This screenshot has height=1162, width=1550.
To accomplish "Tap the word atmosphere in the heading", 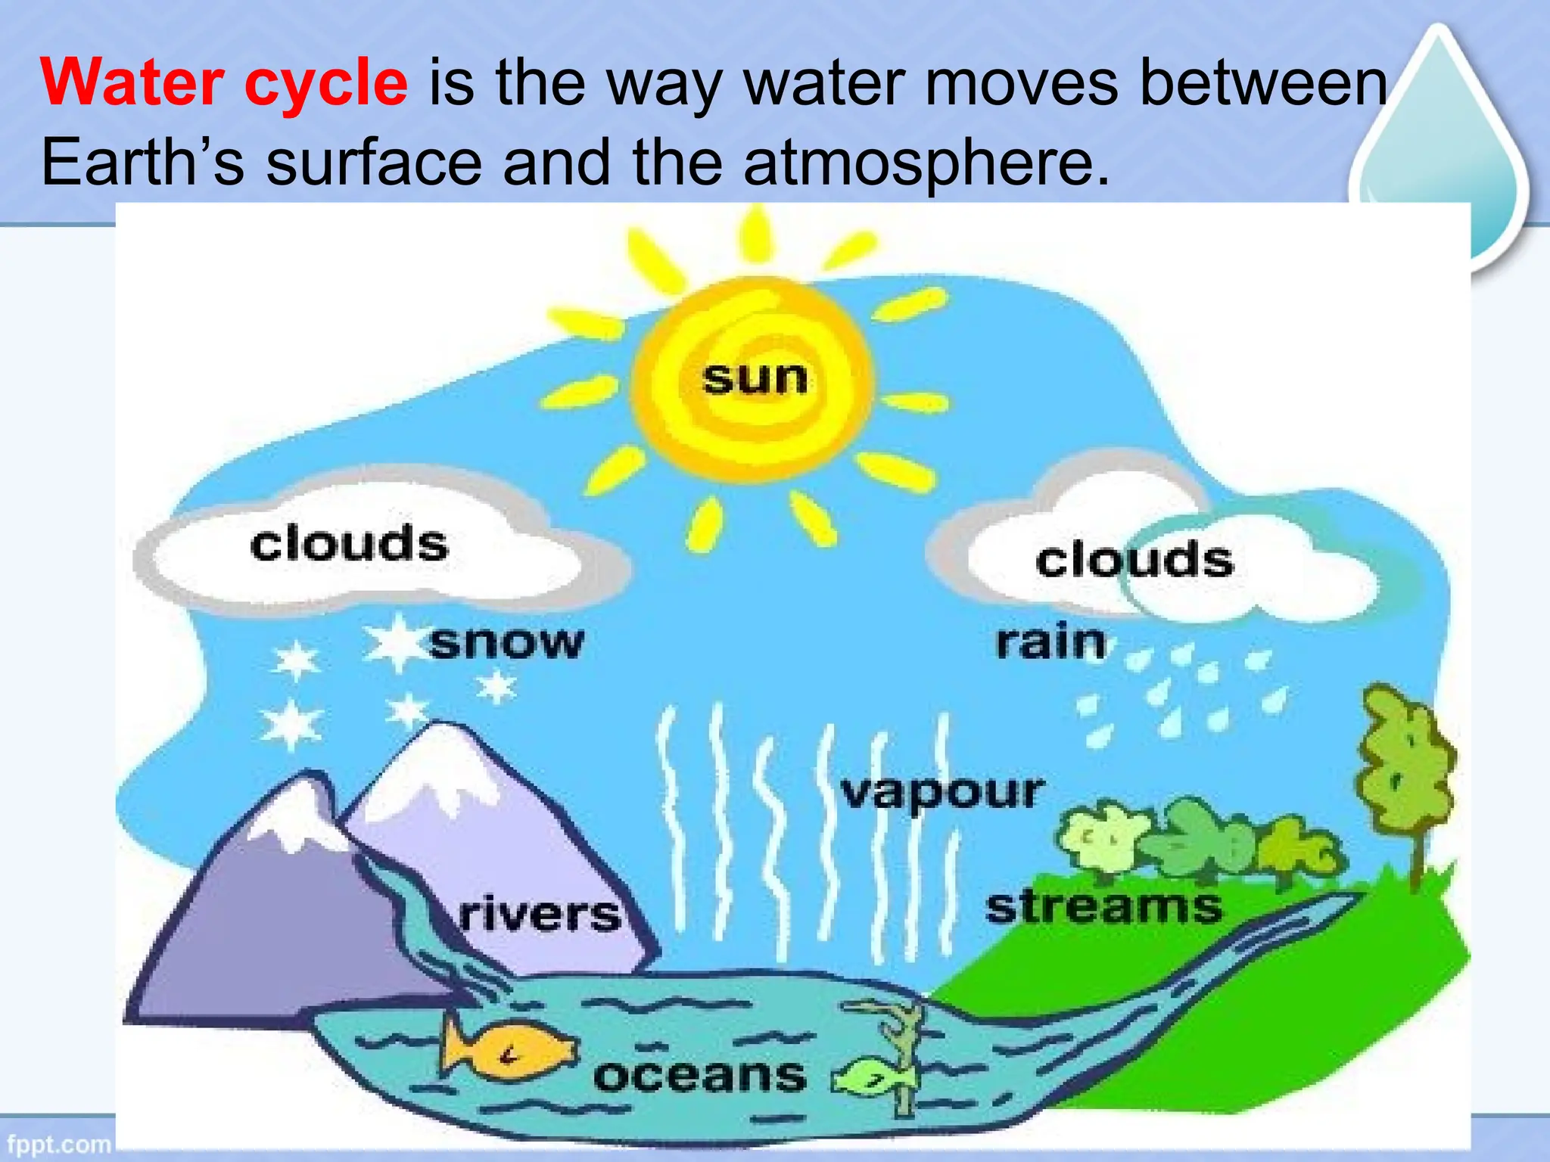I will (926, 162).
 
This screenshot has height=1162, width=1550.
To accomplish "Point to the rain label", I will (1050, 642).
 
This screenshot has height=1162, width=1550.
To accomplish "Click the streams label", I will (1103, 906).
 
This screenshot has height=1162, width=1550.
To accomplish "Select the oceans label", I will (700, 1075).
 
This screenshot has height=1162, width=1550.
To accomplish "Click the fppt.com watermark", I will (58, 1143).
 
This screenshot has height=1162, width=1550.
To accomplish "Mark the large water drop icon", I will (1438, 151).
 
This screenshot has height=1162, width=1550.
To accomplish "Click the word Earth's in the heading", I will (142, 162).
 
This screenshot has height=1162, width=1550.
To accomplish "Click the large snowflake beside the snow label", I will (394, 642).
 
